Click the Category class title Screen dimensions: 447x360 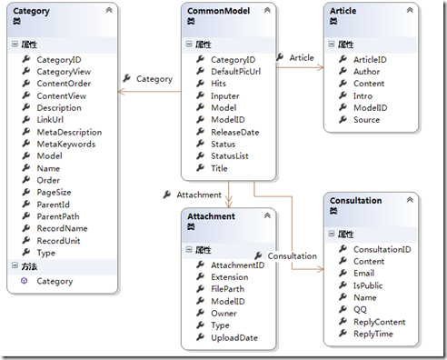point(31,11)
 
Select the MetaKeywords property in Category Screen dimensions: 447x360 point(66,144)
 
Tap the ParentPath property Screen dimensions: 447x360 point(58,216)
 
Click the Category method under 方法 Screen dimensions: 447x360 point(55,281)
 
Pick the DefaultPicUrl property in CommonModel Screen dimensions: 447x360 point(236,72)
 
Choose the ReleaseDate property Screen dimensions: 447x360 point(235,132)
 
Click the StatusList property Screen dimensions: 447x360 point(230,156)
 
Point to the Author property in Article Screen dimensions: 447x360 point(366,72)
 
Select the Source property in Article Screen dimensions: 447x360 point(366,120)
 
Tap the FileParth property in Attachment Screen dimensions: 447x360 point(227,289)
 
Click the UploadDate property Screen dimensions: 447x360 point(234,337)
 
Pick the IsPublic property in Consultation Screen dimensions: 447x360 point(368,285)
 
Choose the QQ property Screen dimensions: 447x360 point(360,309)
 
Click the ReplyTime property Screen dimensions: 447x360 point(373,334)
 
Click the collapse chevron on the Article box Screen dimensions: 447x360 point(410,10)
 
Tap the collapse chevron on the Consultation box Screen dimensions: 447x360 point(410,200)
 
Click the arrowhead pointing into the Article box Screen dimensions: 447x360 point(321,67)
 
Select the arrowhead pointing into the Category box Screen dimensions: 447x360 point(121,92)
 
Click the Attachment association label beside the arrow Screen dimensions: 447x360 point(199,195)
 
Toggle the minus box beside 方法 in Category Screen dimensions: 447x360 point(15,265)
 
